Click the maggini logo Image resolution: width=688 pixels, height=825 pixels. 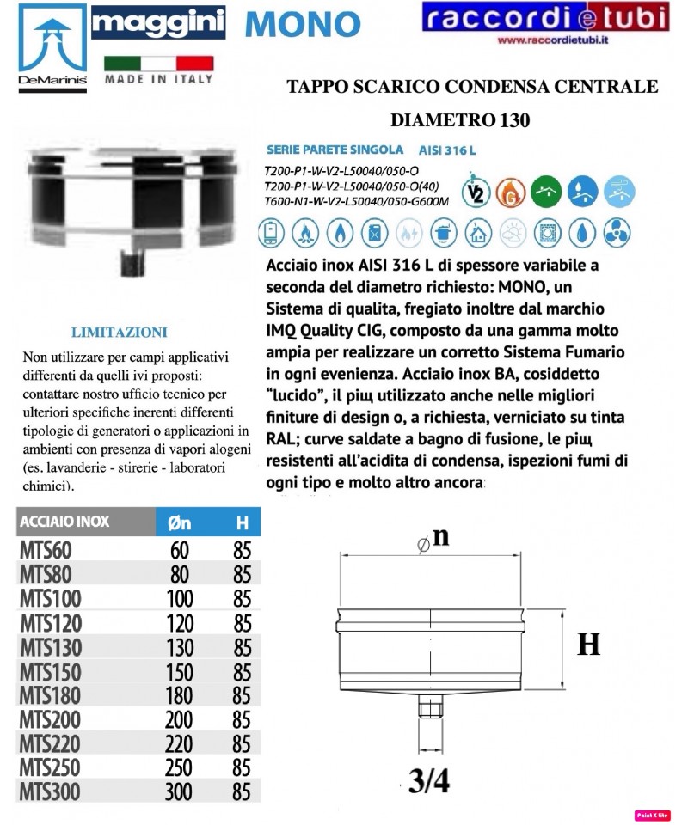pos(158,23)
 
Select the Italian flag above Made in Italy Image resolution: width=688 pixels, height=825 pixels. pos(158,64)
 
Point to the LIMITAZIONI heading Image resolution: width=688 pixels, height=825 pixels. pos(119,333)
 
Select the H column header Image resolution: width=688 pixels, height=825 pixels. pos(242,522)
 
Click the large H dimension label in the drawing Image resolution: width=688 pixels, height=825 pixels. pos(588,645)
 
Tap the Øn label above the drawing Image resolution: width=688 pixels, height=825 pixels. pos(435,539)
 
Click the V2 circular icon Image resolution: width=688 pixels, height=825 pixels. pos(472,192)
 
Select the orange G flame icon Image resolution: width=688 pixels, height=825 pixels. pos(509,192)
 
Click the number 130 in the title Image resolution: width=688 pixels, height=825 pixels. pos(511,120)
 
